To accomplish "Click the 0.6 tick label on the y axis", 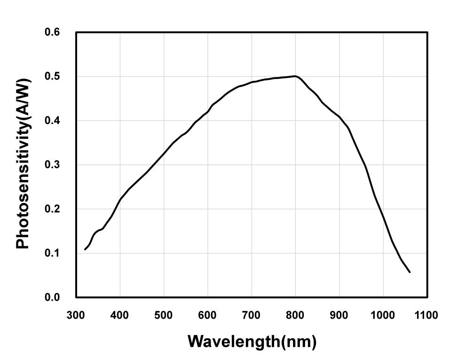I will [52, 32].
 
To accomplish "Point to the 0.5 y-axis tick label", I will [52, 77].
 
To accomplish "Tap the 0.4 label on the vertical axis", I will [52, 121].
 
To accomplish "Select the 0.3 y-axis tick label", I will [52, 165].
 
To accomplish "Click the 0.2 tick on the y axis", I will [52, 209].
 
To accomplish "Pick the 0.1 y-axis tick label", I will [52, 253].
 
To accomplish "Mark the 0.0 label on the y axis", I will [52, 297].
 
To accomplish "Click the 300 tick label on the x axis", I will [76, 315].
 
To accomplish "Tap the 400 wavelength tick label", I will [119, 315].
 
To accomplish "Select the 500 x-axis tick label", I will [164, 315].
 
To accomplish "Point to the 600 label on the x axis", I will [207, 315].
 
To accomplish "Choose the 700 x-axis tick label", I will [251, 315].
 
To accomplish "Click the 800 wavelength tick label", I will [295, 315].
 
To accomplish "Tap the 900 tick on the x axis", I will [339, 315].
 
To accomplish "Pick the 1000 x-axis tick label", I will [383, 315].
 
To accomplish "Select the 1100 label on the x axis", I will [426, 315].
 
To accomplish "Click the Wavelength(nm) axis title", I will [252, 341].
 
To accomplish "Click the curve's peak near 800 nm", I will [295, 76].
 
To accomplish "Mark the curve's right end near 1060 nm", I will [410, 272].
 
